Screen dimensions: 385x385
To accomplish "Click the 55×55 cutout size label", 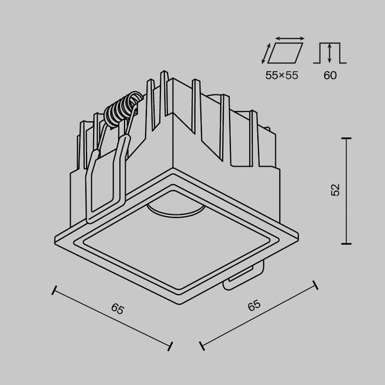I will pos(282,75).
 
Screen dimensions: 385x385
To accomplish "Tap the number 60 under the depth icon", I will pos(330,75).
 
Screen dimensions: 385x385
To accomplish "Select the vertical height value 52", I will pos(335,190).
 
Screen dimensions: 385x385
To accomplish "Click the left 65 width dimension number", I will pos(117,309).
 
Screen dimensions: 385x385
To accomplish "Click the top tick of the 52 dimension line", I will pos(347,137).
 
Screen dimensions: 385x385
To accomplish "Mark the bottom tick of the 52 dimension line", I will pos(347,243).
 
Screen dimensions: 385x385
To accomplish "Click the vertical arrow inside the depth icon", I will pos(330,52).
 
